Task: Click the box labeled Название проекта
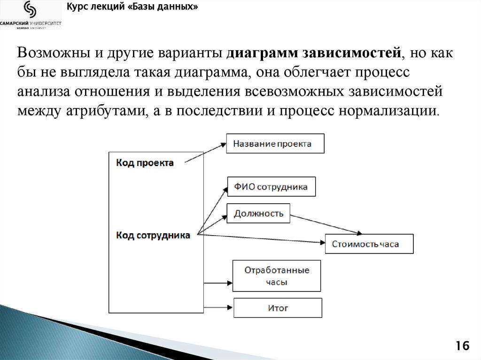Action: click(275, 144)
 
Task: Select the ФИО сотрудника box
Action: click(271, 186)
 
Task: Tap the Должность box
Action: click(258, 214)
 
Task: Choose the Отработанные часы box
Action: click(277, 276)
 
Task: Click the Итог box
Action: click(278, 308)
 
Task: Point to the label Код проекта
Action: click(145, 163)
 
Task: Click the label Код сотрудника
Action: click(153, 235)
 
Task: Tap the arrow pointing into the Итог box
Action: click(218, 308)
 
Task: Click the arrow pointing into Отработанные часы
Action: click(218, 283)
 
